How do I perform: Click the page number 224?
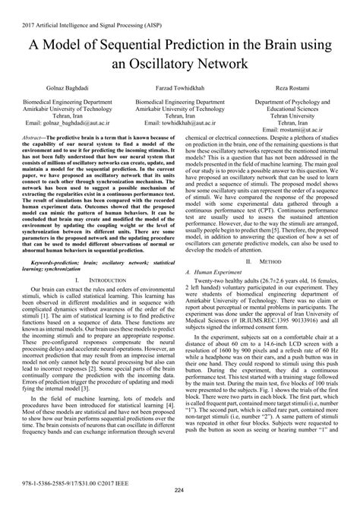point(180,500)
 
